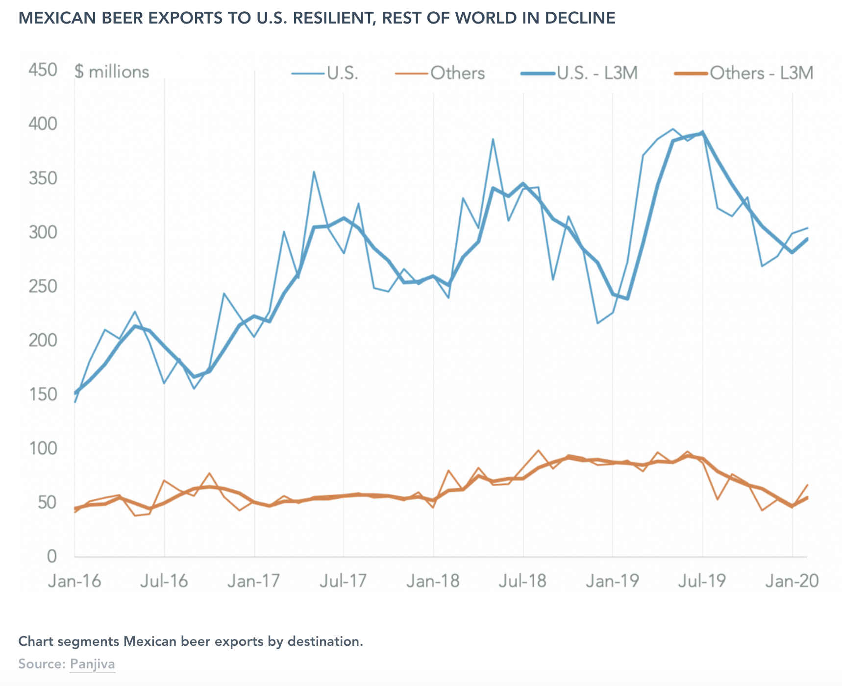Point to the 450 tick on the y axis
coord(43,70)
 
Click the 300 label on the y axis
coord(43,232)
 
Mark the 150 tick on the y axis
coord(43,394)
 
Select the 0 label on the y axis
coord(51,557)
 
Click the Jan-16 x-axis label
coord(74,581)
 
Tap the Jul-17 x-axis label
coord(343,581)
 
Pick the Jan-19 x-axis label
coord(612,581)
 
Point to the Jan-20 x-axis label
coord(792,581)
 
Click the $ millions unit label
coord(112,72)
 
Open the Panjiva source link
coord(92,664)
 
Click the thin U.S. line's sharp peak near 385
coord(493,139)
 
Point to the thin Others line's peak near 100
coord(538,450)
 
